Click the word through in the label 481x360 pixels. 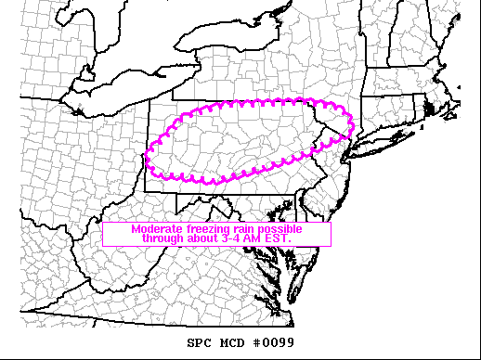(x=163, y=238)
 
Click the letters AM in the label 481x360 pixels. (x=255, y=238)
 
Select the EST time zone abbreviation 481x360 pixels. (x=279, y=238)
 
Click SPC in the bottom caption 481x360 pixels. (x=200, y=343)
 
